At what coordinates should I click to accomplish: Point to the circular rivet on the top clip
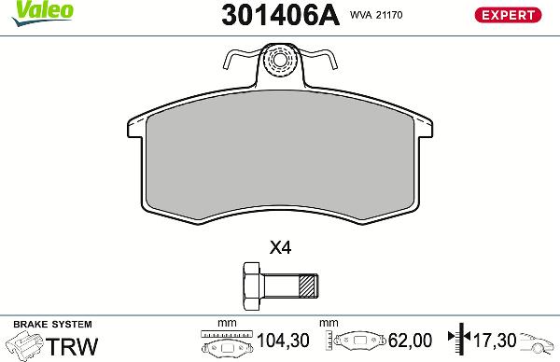[278, 63]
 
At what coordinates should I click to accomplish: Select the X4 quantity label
[280, 248]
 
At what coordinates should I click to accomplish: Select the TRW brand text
[72, 346]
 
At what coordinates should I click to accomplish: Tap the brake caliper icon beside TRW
[23, 346]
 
